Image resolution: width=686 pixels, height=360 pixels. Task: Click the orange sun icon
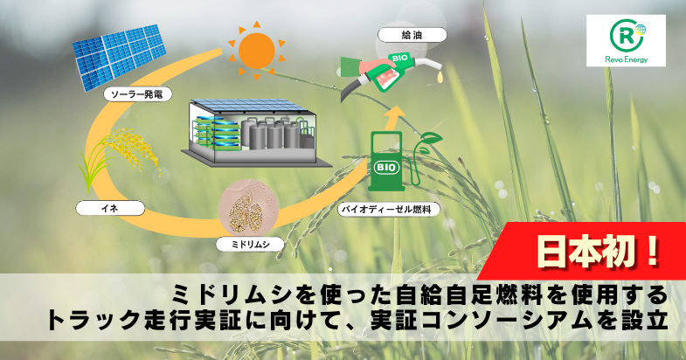click(x=256, y=51)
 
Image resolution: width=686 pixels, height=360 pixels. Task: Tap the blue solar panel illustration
click(x=120, y=57)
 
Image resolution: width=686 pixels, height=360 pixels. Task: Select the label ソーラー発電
click(x=137, y=94)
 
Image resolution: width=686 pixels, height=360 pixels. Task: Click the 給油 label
click(x=412, y=35)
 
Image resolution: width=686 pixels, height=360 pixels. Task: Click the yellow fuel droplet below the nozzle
click(x=440, y=78)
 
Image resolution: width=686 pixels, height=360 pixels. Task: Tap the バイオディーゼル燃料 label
click(x=389, y=209)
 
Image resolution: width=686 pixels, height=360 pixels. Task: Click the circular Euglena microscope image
click(x=248, y=209)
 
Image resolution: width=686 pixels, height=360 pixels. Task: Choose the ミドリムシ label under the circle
click(x=250, y=245)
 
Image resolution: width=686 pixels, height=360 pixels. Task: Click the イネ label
click(x=110, y=208)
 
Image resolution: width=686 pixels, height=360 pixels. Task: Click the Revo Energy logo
click(x=626, y=40)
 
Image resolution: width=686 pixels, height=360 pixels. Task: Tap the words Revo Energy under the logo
click(x=626, y=59)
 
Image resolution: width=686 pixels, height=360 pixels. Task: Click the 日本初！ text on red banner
click(x=598, y=253)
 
